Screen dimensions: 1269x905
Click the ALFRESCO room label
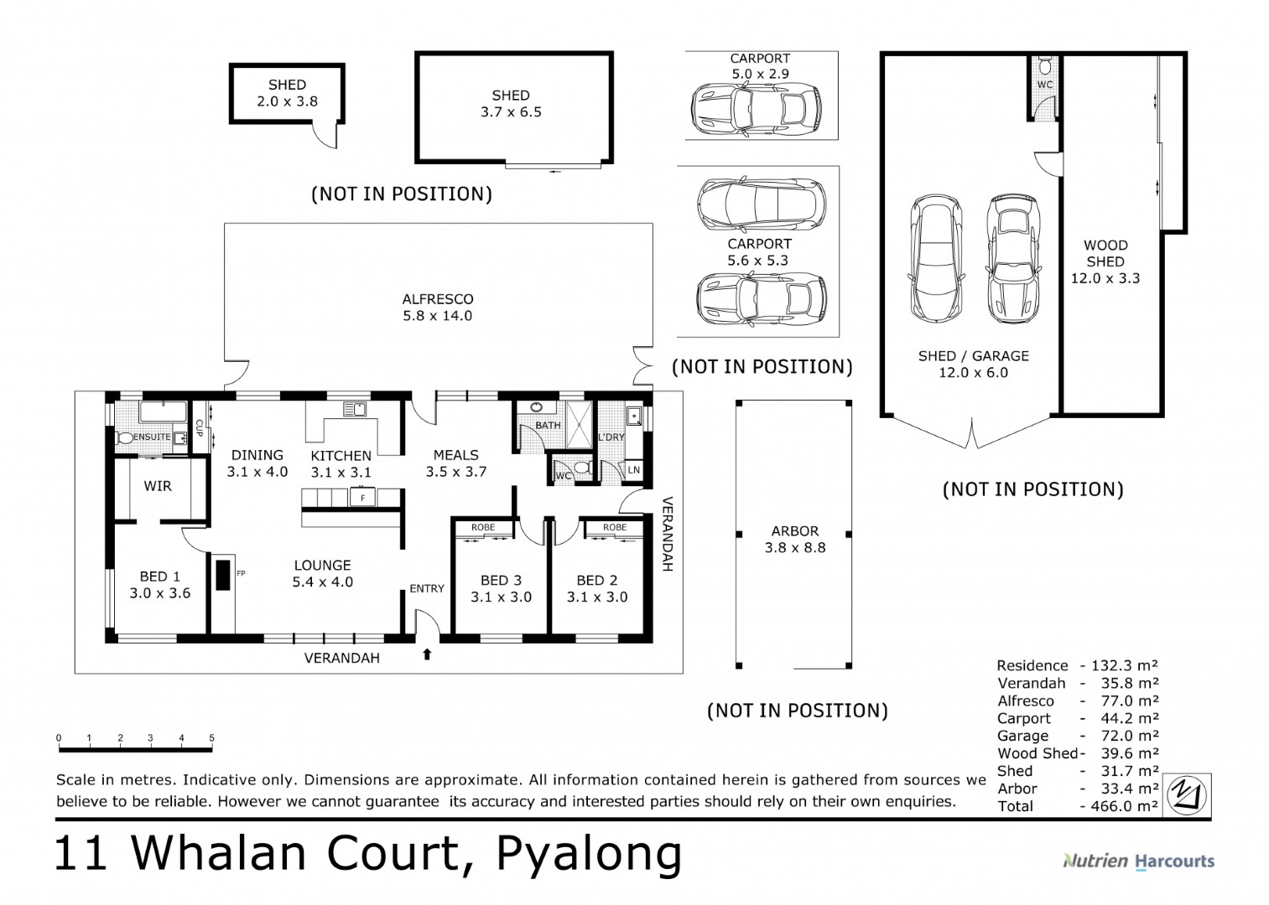(x=437, y=299)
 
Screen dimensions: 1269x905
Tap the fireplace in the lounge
(x=224, y=575)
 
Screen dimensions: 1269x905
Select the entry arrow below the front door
(x=427, y=654)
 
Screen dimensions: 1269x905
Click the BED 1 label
(x=159, y=577)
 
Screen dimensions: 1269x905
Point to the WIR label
(x=158, y=486)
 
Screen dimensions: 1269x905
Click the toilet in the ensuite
(x=125, y=437)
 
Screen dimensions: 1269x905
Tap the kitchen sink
(x=355, y=409)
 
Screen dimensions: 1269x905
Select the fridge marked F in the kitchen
(x=363, y=497)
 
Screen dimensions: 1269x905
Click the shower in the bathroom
(x=579, y=425)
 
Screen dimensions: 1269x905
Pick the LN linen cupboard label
(x=634, y=470)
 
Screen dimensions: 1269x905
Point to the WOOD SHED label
(x=1105, y=254)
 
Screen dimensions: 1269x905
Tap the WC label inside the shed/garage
(x=1045, y=85)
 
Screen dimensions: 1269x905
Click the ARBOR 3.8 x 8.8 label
(x=795, y=540)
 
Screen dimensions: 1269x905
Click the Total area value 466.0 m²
(x=1125, y=806)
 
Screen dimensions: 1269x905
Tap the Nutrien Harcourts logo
(x=1139, y=861)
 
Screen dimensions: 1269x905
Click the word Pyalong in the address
(x=589, y=856)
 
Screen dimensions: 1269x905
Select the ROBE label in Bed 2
(x=615, y=527)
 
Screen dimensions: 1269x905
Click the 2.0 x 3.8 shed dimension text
(x=287, y=101)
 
